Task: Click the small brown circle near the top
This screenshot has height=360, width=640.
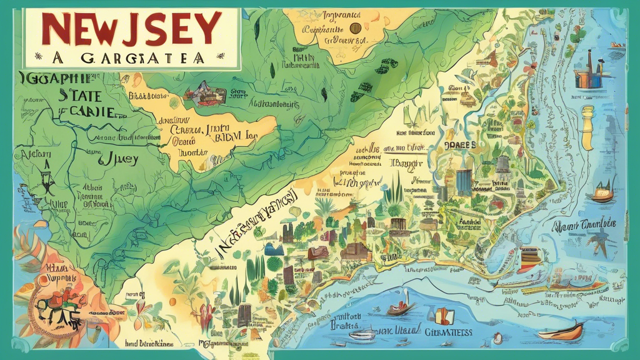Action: (x=356, y=27)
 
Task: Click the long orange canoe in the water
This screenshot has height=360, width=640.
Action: (x=560, y=331)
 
